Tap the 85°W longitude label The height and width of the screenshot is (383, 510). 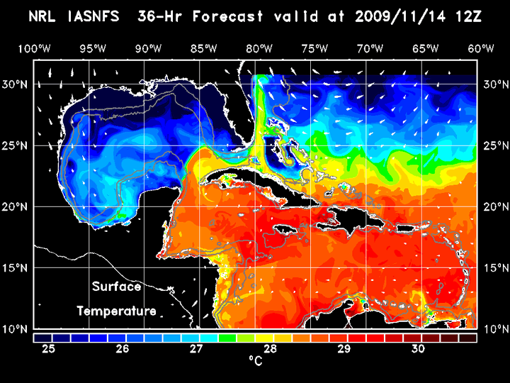tap(203, 48)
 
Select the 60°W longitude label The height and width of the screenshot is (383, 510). tap(481, 48)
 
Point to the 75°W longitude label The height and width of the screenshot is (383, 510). tap(314, 48)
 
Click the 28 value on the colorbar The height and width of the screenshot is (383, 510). tap(271, 349)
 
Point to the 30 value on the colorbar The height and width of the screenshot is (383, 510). tap(418, 349)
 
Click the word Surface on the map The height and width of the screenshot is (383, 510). tap(117, 287)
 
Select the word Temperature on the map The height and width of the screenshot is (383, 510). tap(117, 311)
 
